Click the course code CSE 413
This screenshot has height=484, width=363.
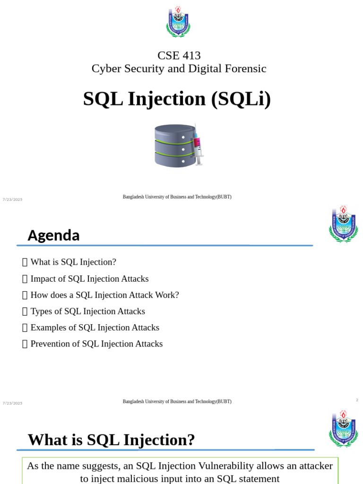tap(179, 56)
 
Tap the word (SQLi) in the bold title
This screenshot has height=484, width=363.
tap(241, 99)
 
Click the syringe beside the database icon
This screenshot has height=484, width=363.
tap(198, 145)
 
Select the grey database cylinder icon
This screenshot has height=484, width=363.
tap(175, 146)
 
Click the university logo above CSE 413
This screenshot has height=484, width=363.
tap(178, 22)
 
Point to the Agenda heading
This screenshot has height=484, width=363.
tap(54, 235)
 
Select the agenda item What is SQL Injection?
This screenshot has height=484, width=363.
tap(73, 262)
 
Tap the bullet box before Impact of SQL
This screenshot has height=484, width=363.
tap(25, 279)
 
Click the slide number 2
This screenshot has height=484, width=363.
tap(357, 400)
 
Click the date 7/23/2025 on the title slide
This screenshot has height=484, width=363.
tap(12, 199)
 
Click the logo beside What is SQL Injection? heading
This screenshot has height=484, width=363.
tap(343, 429)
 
